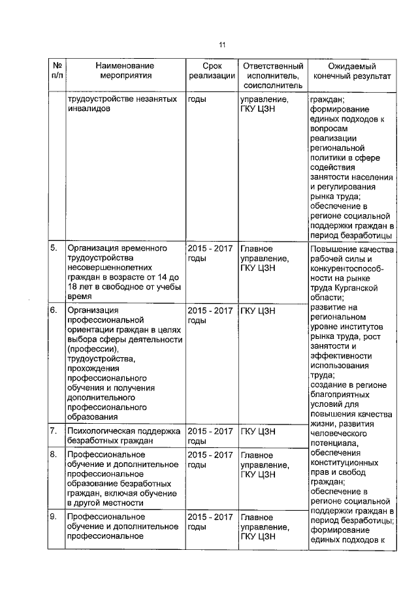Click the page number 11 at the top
(222, 45)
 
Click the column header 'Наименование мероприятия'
(124, 71)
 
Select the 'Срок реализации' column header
(210, 71)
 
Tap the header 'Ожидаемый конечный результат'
(352, 71)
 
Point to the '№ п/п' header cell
(57, 71)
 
